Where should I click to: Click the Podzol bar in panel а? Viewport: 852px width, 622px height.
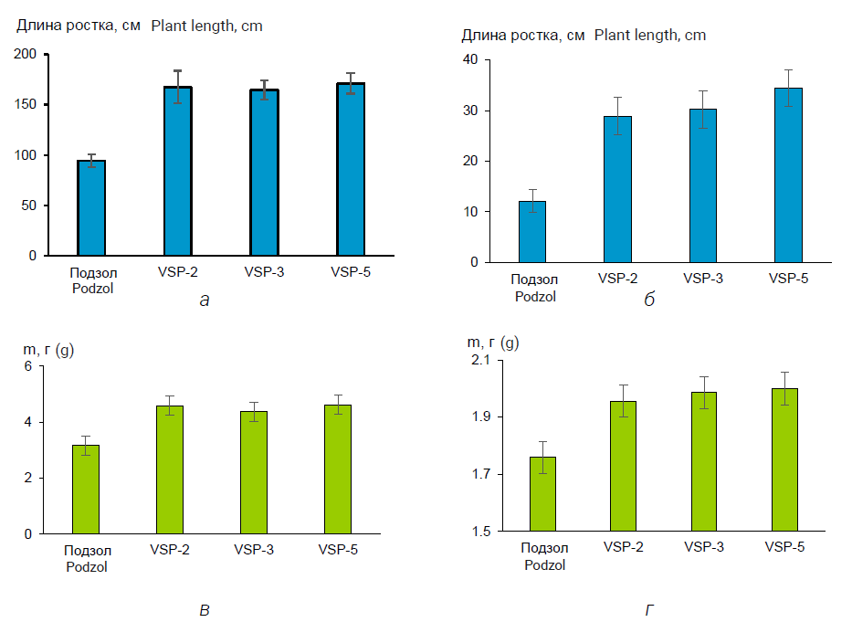click(91, 208)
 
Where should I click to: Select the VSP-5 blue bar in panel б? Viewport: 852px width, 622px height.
click(789, 175)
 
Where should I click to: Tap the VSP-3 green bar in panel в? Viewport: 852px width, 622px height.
click(254, 472)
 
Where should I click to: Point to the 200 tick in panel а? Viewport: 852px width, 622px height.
click(26, 55)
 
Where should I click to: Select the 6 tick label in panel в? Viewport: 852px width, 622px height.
click(28, 366)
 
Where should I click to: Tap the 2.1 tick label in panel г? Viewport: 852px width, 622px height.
click(479, 361)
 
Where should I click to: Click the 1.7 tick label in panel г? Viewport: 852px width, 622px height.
click(479, 475)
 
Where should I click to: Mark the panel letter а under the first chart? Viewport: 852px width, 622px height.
click(205, 300)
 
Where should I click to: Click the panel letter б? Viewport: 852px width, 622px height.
click(649, 300)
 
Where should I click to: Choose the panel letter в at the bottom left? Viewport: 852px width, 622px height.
click(205, 609)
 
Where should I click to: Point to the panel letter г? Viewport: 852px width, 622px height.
click(649, 609)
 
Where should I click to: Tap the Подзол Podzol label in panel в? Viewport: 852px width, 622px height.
click(87, 557)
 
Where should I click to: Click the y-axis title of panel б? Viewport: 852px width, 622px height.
click(584, 36)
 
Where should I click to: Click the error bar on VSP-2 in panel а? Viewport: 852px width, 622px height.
click(178, 87)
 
